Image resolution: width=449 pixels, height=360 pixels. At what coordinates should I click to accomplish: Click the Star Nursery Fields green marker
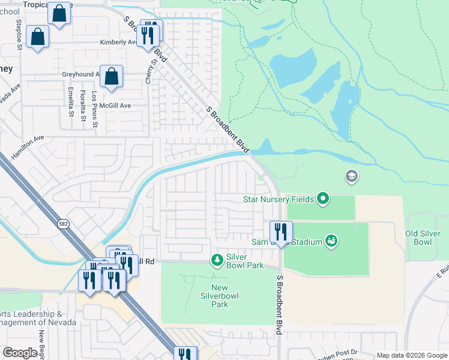tap(324, 198)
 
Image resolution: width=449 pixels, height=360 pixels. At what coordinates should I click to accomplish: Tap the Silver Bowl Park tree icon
tap(217, 260)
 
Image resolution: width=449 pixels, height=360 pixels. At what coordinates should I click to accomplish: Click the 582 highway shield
tap(62, 223)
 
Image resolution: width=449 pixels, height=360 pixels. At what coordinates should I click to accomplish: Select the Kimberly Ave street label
tap(118, 43)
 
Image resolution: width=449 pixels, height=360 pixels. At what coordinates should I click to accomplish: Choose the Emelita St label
tap(71, 101)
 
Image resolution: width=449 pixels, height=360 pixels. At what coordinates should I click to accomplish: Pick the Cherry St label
tap(154, 70)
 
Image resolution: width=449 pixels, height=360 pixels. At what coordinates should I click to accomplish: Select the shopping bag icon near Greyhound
tap(111, 77)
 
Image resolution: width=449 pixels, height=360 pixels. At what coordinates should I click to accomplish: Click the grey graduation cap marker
tap(351, 176)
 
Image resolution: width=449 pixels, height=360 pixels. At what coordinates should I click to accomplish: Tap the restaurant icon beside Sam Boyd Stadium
tap(281, 231)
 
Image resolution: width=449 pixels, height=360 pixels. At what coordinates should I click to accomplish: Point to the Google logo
tap(20, 353)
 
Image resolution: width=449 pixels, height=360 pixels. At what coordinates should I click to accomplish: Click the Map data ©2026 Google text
tap(412, 355)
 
